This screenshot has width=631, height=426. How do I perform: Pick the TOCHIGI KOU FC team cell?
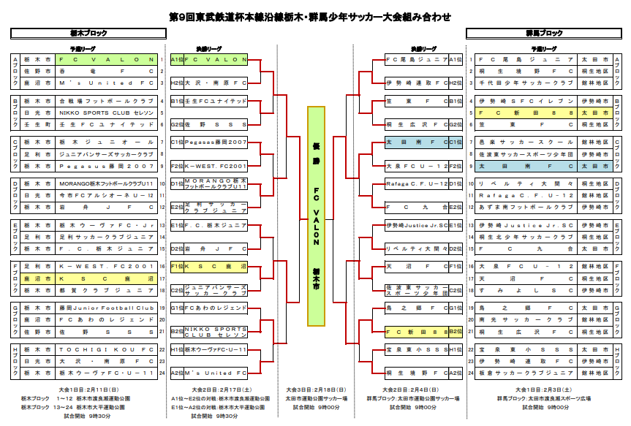point(106,350)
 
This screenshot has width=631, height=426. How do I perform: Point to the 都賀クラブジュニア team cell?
point(106,290)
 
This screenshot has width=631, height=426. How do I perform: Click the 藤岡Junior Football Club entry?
point(106,308)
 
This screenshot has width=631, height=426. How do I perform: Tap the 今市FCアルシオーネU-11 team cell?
point(106,196)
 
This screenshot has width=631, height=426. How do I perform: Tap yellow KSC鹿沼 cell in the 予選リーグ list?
point(106,278)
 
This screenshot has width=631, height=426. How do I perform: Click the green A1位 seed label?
point(176,59)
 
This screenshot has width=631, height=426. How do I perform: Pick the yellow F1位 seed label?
point(176,267)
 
